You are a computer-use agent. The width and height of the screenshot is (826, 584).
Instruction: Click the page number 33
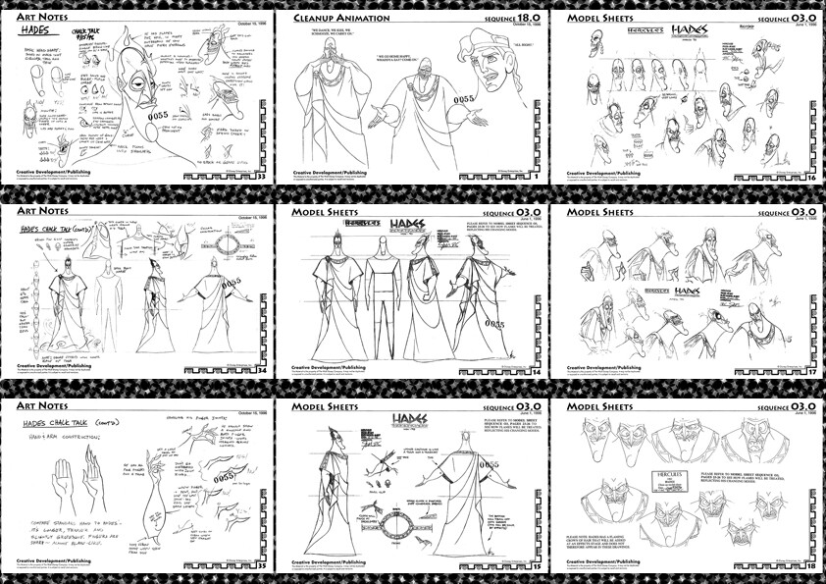[261, 179]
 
